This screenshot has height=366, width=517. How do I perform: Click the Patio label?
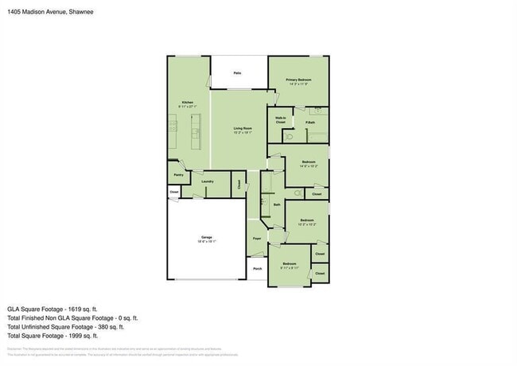(x=238, y=73)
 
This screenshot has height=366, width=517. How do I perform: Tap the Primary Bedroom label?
(x=298, y=80)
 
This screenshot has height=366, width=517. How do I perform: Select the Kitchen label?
(x=188, y=103)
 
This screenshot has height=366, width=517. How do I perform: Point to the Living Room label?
(x=243, y=128)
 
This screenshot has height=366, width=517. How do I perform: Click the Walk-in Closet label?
(x=281, y=120)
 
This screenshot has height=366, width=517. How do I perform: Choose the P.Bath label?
(x=309, y=123)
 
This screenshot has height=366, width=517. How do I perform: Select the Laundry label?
(x=207, y=181)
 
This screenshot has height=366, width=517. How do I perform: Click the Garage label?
(x=206, y=238)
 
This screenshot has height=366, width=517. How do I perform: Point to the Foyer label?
(x=257, y=239)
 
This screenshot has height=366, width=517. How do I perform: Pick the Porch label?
(x=257, y=268)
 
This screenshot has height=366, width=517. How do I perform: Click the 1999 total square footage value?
(x=85, y=335)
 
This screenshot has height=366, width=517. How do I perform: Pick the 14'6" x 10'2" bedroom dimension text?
(x=309, y=166)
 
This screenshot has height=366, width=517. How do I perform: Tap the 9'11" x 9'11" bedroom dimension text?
(x=289, y=267)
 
